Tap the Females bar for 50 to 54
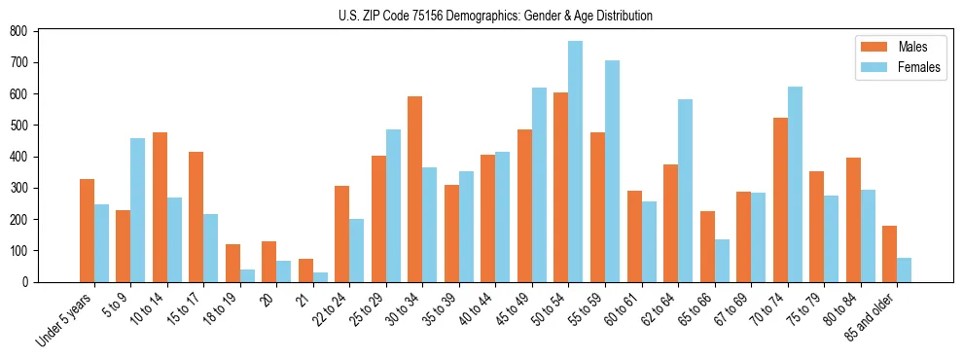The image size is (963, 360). pos(576,162)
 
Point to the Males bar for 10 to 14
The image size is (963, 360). pos(160,207)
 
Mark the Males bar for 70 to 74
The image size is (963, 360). pos(780,199)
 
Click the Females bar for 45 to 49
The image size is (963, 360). pos(539,185)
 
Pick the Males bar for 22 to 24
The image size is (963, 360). pos(342,234)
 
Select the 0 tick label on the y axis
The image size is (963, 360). pos(29,282)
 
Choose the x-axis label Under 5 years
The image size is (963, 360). pos(64,322)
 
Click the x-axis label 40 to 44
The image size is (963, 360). pos(478,309)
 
